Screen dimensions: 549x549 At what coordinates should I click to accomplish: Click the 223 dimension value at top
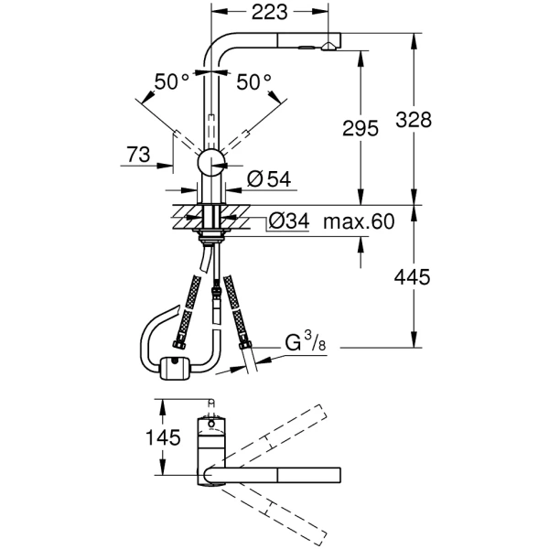pyautogui.click(x=268, y=12)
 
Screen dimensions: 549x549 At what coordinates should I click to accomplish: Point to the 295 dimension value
pyautogui.click(x=360, y=129)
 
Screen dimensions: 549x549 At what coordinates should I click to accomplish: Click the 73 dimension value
pyautogui.click(x=139, y=156)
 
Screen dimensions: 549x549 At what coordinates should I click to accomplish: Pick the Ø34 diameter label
pyautogui.click(x=288, y=221)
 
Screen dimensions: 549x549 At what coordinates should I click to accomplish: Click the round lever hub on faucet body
pyautogui.click(x=211, y=162)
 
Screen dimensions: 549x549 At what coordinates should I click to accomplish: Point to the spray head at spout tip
pyautogui.click(x=320, y=43)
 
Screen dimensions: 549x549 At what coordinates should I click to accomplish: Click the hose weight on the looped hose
pyautogui.click(x=171, y=368)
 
